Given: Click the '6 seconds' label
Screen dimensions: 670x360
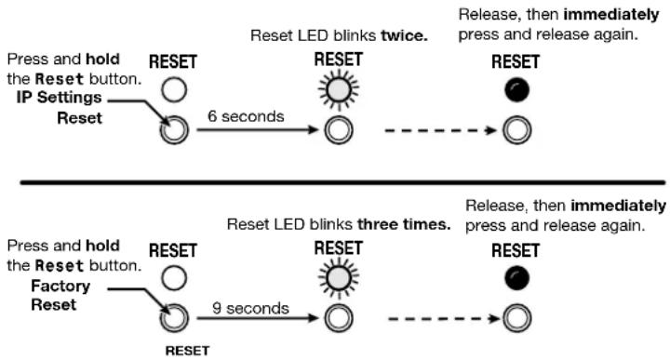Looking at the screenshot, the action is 246,116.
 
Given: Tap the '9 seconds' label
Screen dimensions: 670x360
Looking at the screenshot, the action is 250,308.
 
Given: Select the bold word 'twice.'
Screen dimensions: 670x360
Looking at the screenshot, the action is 404,35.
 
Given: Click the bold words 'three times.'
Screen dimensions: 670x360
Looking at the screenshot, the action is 404,224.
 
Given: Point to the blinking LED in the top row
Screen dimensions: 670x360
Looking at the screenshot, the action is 339,89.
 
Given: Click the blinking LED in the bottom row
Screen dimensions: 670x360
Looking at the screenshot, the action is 339,278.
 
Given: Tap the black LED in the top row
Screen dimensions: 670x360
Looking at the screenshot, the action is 517,89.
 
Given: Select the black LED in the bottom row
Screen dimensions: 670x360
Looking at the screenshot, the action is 517,278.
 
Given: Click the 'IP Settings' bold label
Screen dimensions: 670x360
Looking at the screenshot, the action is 59,98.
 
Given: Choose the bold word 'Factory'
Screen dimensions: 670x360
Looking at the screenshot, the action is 60,286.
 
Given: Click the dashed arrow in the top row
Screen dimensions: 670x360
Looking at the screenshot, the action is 440,130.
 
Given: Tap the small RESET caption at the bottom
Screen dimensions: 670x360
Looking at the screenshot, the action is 187,351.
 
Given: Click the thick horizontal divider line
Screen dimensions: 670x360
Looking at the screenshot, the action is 342,182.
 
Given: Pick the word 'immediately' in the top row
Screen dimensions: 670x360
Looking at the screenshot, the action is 611,15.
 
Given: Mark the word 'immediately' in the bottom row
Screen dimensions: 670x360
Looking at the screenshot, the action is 618,206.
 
